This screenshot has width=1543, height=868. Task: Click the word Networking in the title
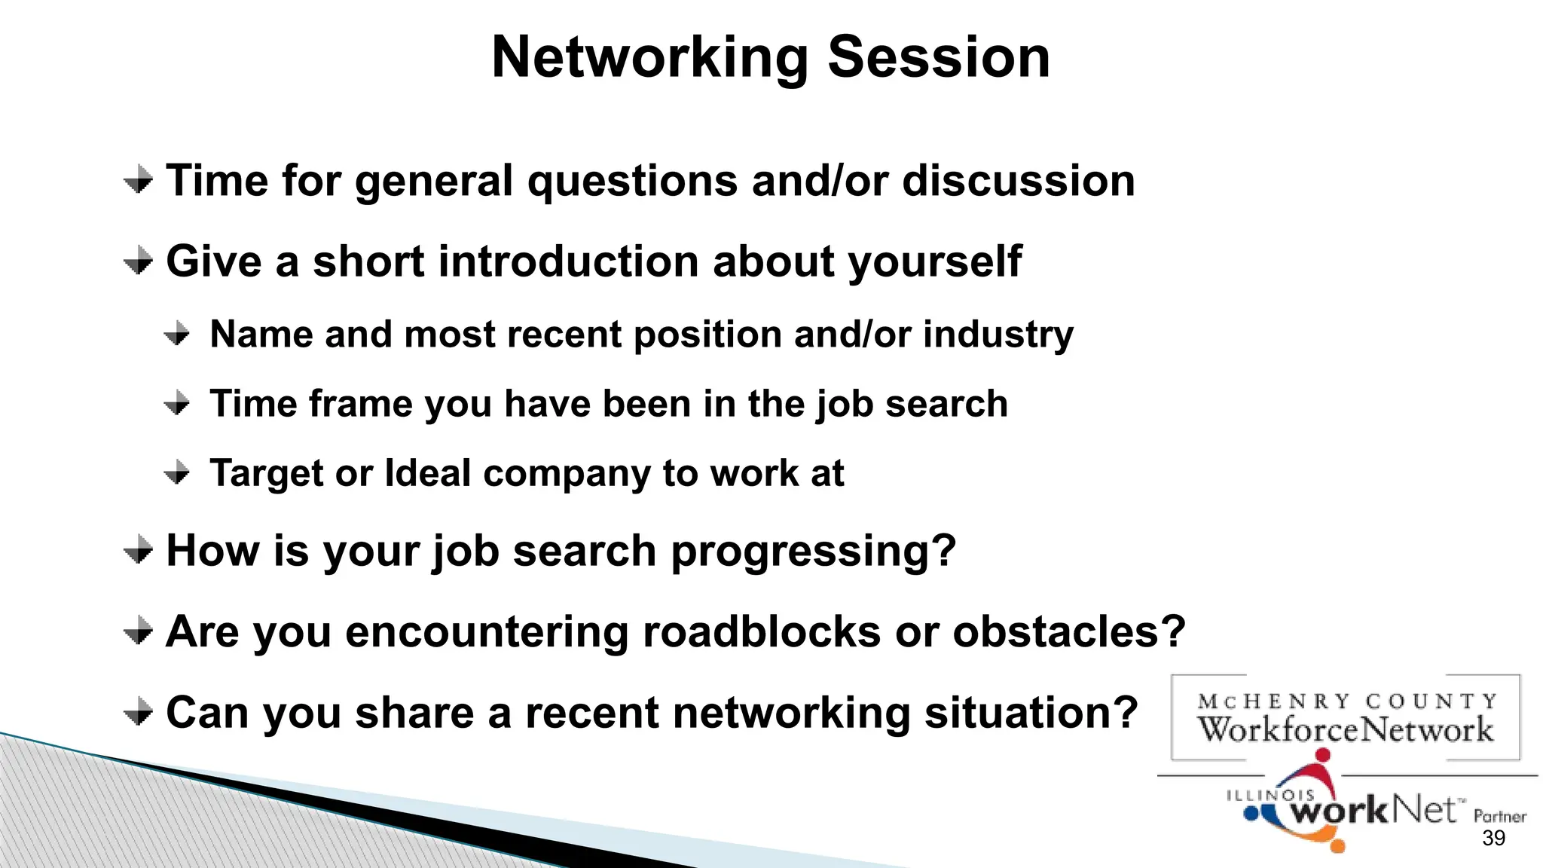(649, 59)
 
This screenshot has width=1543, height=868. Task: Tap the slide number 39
(1493, 838)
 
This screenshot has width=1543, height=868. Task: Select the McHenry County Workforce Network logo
(1345, 717)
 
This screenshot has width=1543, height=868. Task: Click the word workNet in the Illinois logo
(1373, 811)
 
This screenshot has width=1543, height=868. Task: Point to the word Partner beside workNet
(1499, 816)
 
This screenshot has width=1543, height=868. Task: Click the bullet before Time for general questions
(139, 180)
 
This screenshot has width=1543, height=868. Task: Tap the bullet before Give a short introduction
(139, 261)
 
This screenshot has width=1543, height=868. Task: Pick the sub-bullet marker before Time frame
(177, 403)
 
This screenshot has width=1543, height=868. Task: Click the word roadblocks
(762, 631)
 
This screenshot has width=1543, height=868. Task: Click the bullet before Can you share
(139, 711)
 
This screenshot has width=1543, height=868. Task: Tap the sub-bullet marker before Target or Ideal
(177, 473)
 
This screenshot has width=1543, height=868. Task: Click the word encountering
(487, 631)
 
